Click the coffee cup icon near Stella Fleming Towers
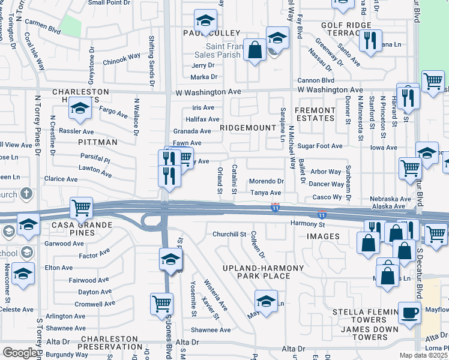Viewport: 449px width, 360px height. tap(410, 313)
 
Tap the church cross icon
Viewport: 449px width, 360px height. tap(25, 194)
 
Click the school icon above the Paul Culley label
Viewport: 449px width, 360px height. tap(205, 20)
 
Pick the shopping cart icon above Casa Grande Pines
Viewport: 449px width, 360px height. tap(81, 208)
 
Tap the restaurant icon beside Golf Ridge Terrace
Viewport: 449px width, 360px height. tap(370, 40)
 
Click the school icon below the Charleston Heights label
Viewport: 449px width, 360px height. tap(79, 109)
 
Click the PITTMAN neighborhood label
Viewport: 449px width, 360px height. tap(97, 142)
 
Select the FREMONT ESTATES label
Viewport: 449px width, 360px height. tap(315, 114)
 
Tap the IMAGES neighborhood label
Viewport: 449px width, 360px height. tap(323, 236)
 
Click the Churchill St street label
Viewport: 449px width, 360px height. tap(226, 234)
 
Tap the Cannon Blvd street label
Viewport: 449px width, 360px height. tap(316, 80)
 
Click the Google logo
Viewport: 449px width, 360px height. tap(20, 353)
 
